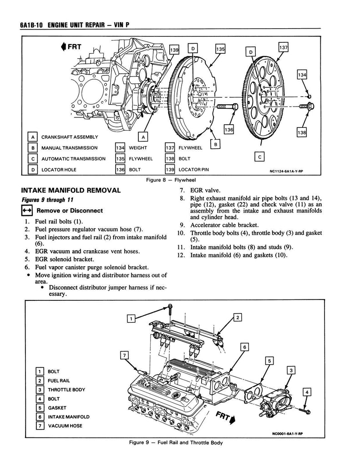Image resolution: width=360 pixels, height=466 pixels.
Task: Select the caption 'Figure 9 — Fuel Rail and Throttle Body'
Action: click(x=170, y=443)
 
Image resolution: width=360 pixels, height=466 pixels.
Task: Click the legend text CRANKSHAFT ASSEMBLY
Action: click(x=69, y=137)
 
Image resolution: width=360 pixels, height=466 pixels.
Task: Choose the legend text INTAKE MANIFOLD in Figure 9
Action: click(x=69, y=416)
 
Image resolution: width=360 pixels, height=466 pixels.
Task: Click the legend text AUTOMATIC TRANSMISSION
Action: click(x=73, y=159)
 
